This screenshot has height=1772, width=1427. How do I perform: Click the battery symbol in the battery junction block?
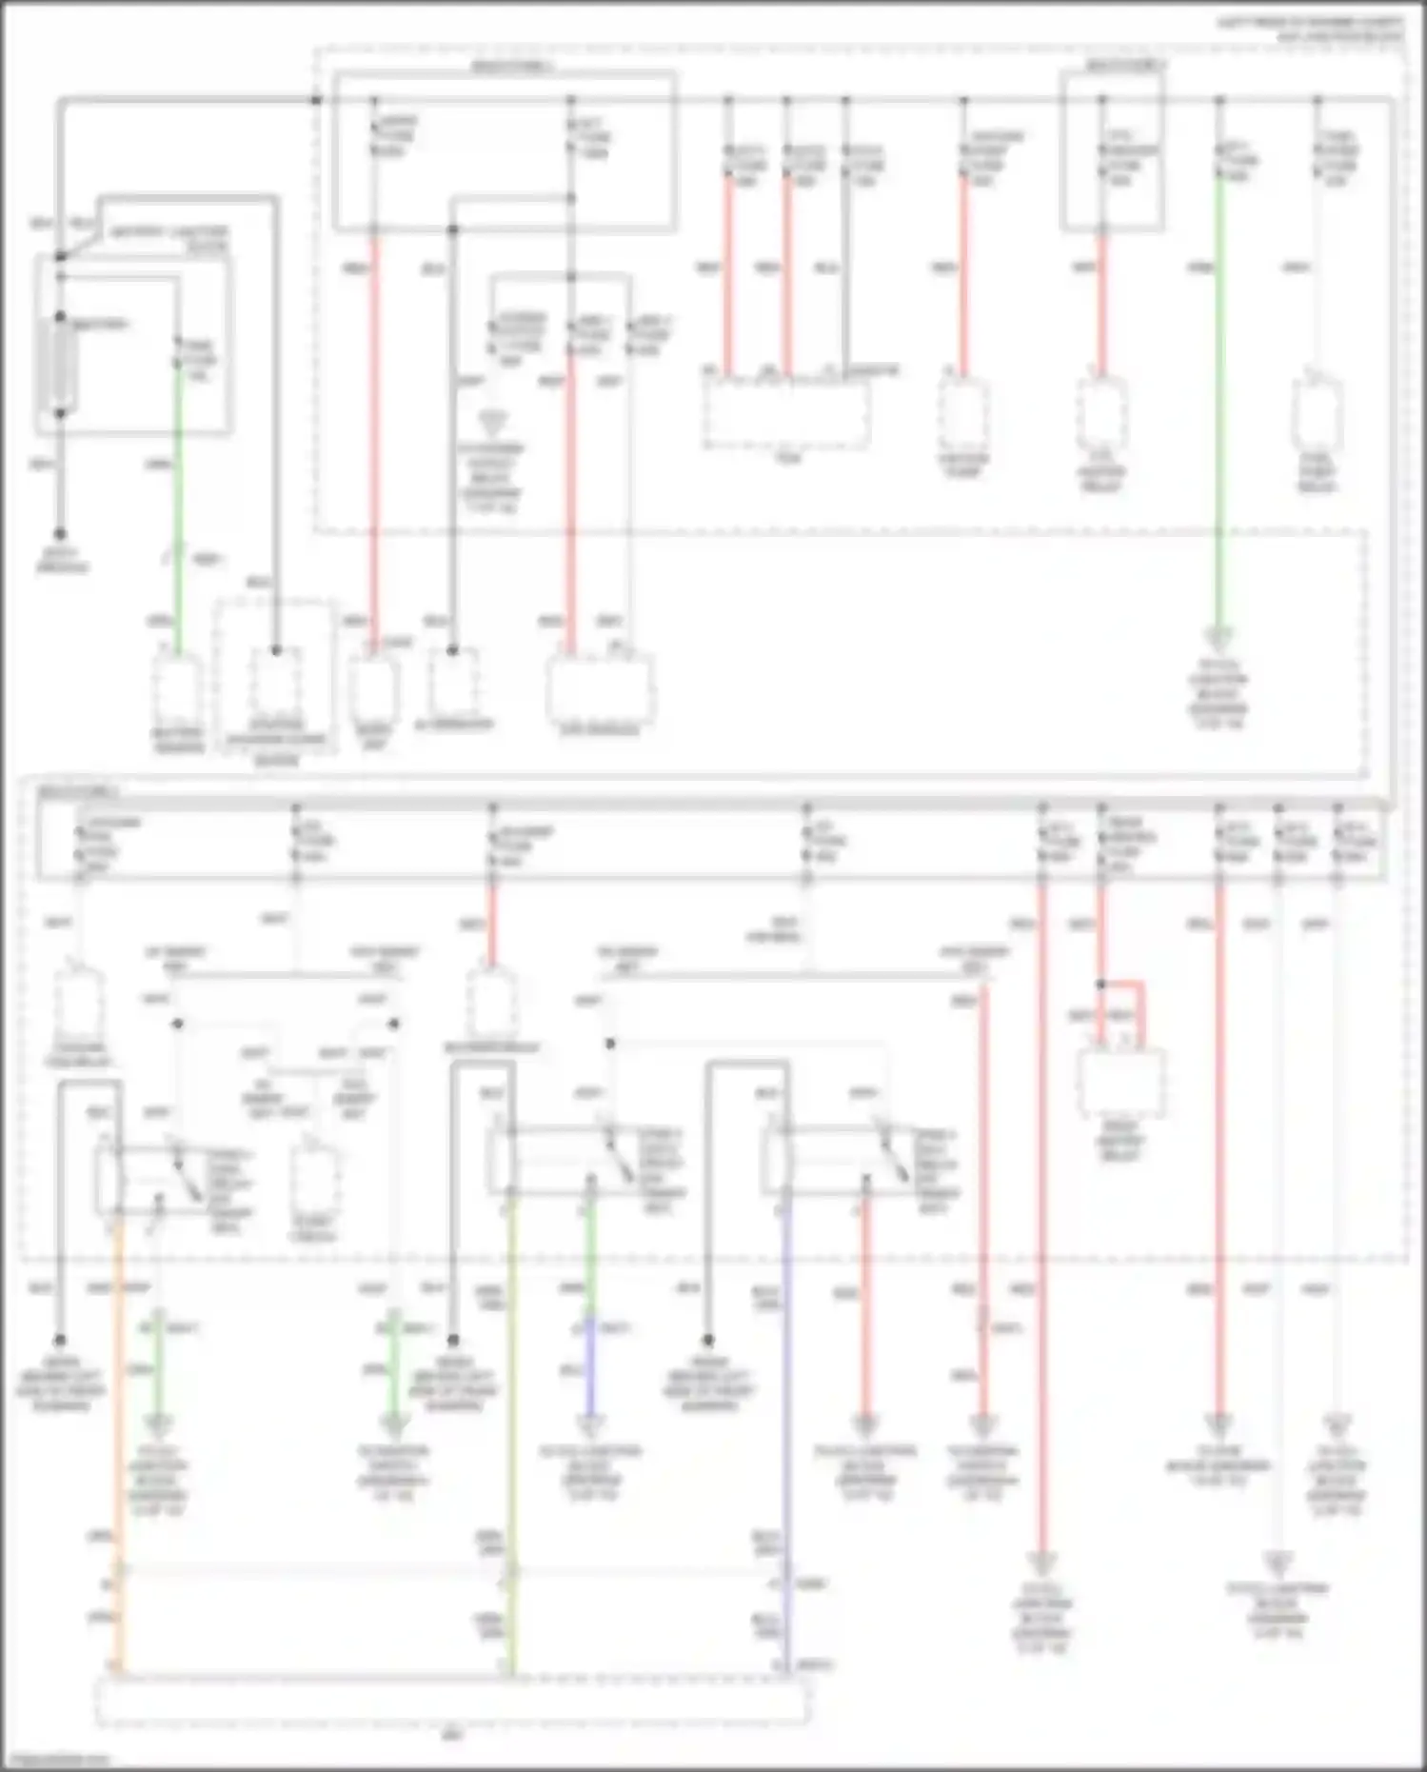pos(59,365)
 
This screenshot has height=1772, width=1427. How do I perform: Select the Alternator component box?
pos(453,683)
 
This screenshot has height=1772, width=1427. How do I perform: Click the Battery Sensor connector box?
pos(177,689)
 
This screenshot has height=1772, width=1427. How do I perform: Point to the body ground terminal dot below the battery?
pos(60,535)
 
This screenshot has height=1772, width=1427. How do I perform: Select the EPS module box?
pos(600,690)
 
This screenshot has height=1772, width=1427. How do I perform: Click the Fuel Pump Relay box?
pos(1318,413)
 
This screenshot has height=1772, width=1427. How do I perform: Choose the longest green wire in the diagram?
pos(1219,400)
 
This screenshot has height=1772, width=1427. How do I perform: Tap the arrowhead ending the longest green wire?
pos(1219,635)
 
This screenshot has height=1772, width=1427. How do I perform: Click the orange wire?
pos(119,1428)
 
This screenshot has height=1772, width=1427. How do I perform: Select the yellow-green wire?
pos(511,1428)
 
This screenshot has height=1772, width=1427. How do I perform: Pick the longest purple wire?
pos(785,1428)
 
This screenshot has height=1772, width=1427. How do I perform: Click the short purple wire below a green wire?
pos(590,1371)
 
